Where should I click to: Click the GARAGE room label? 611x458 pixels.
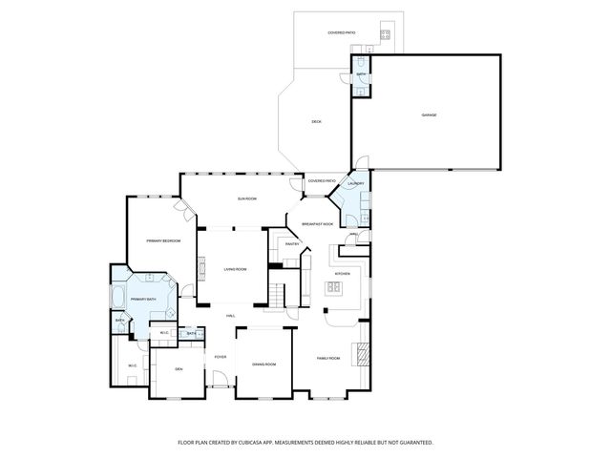[429, 115]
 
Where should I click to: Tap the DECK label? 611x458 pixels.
[316, 121]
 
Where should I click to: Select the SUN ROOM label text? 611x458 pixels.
[247, 198]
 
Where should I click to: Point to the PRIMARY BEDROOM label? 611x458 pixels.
[163, 240]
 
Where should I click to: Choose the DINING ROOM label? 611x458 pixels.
[263, 364]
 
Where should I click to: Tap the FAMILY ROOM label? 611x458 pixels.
[328, 358]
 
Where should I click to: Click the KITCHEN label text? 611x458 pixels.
[341, 274]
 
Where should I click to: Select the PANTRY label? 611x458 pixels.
[293, 244]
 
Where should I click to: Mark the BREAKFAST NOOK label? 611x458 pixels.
[317, 223]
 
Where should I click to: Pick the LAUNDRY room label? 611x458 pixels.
[356, 183]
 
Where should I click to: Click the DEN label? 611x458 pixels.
[179, 368]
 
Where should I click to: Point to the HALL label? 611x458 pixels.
[230, 316]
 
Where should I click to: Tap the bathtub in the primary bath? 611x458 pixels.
[117, 300]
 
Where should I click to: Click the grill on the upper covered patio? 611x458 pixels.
[385, 34]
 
